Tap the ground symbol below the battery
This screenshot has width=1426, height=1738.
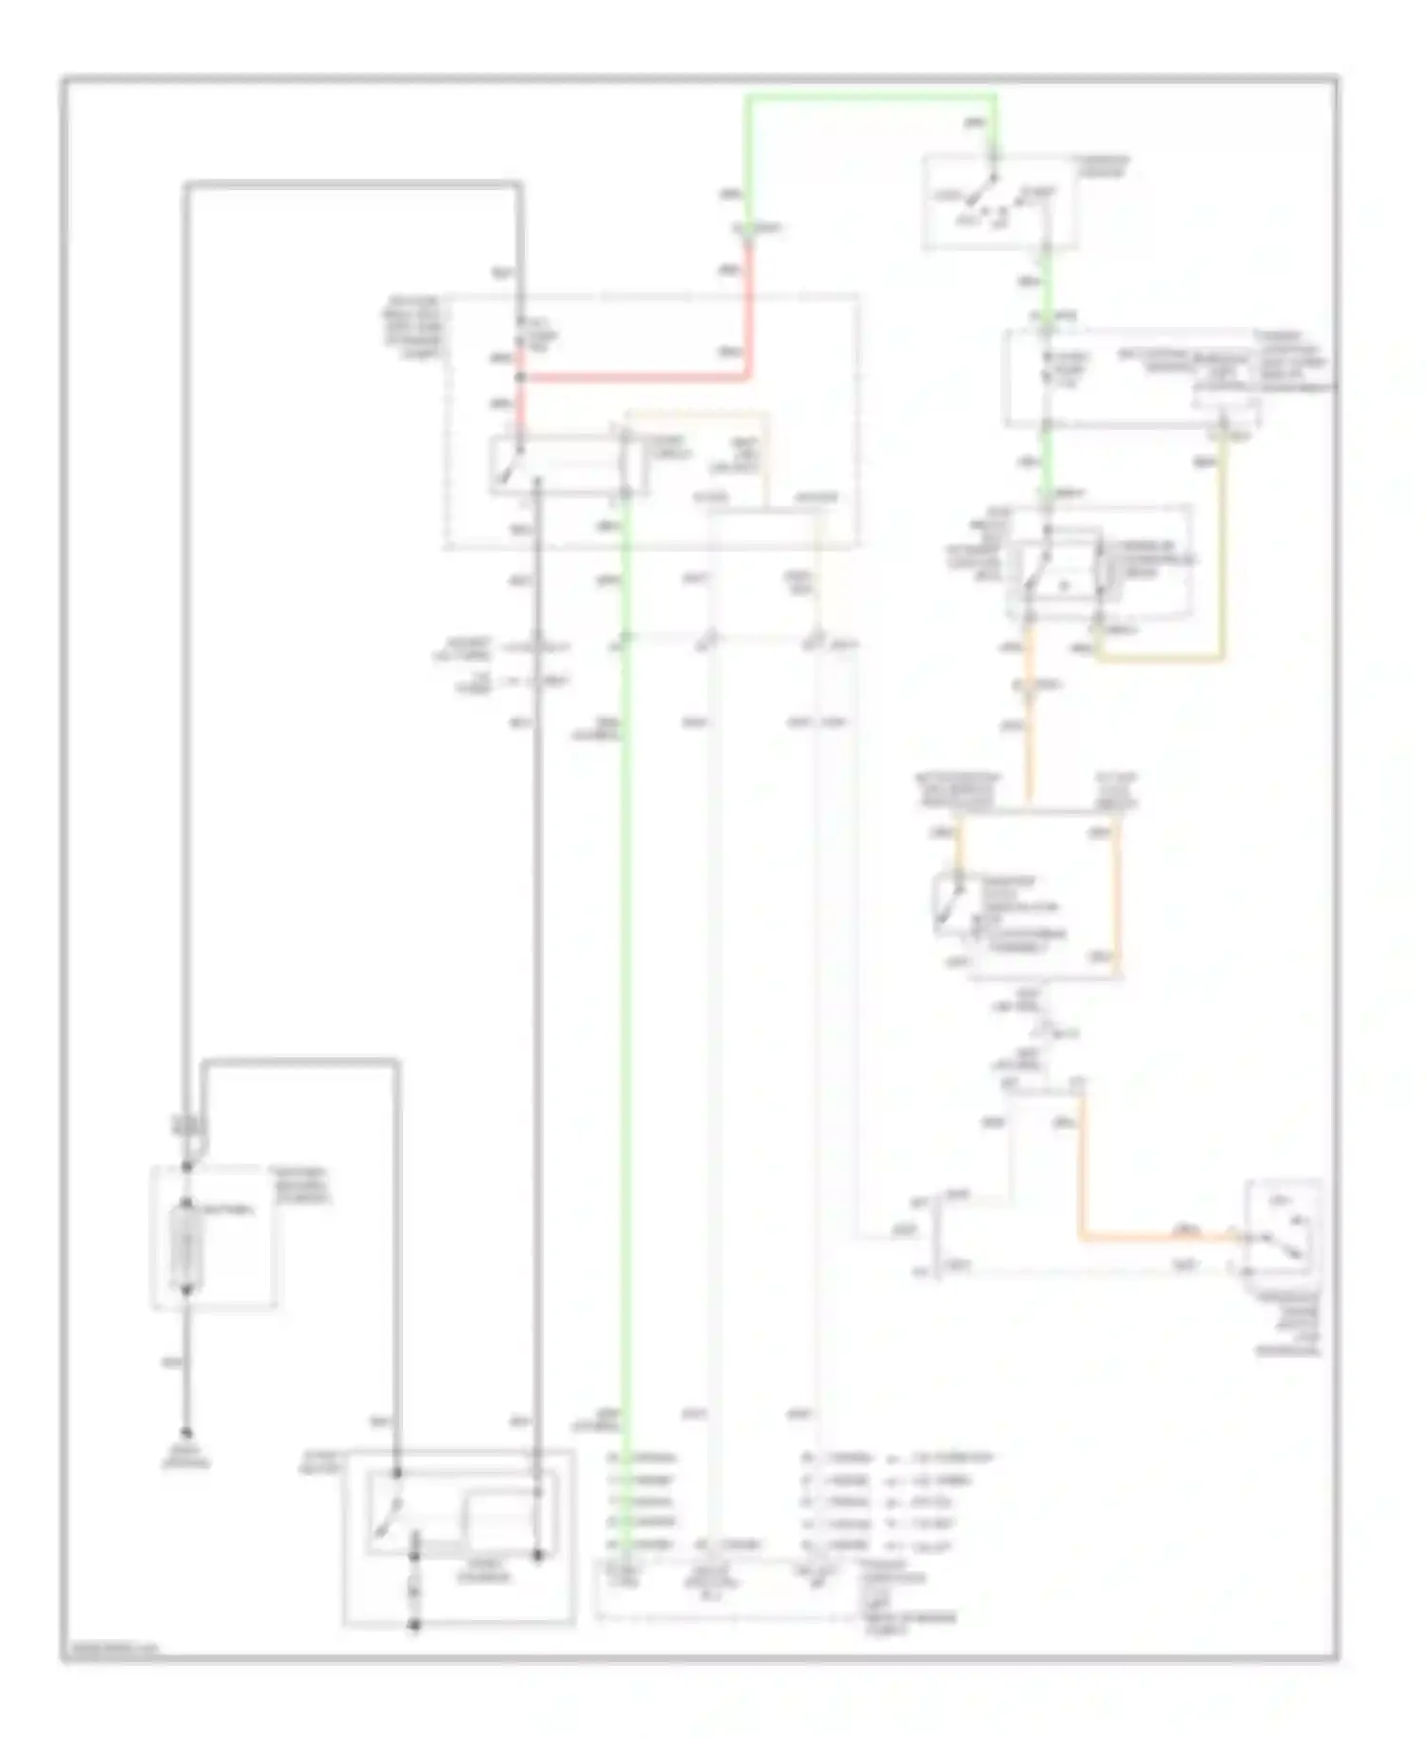(187, 1433)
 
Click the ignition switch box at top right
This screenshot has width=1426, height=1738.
(1000, 202)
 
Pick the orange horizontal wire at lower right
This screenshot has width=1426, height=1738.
(1155, 1237)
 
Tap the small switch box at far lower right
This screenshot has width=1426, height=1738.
(1283, 1226)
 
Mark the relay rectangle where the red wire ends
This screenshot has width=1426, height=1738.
(568, 466)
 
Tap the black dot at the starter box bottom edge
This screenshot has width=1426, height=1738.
(414, 1626)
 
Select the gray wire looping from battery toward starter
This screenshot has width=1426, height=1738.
(300, 1060)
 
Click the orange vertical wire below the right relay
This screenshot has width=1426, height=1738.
(1029, 723)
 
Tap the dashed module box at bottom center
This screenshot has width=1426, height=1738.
(727, 1588)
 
